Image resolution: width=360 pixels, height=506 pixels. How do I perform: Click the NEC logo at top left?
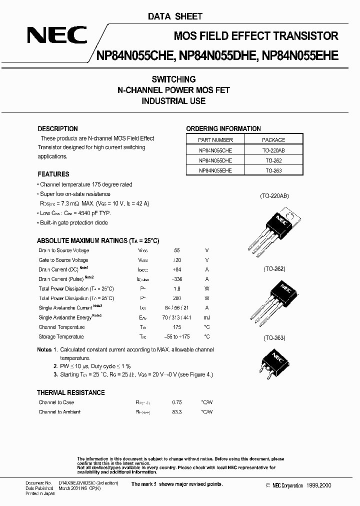pos(56,36)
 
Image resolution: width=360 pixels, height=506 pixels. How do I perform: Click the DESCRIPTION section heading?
pos(57,128)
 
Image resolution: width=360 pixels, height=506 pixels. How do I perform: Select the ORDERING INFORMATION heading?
pos(223,128)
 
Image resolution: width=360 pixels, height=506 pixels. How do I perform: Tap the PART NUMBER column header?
pos(215,140)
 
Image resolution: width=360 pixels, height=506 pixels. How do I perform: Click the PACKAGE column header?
pos(273,140)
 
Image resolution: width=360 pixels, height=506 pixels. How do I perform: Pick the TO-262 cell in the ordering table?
pos(273,160)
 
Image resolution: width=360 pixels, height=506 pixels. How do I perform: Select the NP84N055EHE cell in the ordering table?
pos(215,170)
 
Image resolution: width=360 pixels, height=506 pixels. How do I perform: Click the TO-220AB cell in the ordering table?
pos(273,150)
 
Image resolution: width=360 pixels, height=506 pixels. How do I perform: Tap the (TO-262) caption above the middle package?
pos(274,269)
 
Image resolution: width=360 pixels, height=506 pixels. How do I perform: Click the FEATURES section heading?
pos(53,174)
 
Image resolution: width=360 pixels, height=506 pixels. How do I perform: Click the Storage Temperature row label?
pos(61,336)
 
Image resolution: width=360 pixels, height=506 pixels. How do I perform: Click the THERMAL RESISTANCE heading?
pos(71,392)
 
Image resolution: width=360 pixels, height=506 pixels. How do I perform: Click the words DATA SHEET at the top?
pos(175,16)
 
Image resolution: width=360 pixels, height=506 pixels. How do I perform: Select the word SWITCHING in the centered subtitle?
pos(173,79)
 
